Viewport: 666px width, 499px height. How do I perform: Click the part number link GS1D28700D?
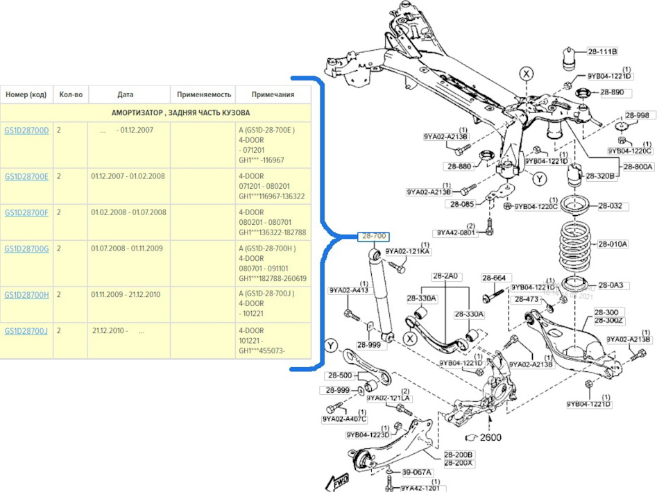(26, 130)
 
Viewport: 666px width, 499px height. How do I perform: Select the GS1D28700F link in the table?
(26, 212)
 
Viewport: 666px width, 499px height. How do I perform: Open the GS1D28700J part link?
(26, 331)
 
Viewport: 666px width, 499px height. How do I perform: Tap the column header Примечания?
(273, 94)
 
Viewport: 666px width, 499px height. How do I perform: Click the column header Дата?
(126, 94)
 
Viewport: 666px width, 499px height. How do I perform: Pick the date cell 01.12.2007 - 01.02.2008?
(128, 176)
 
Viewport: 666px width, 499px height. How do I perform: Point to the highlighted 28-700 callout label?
(374, 236)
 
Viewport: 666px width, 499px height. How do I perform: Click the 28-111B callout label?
(602, 51)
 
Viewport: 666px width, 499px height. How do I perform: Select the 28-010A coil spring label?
(613, 244)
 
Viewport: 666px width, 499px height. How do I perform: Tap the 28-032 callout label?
(610, 206)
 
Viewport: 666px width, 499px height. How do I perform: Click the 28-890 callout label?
(611, 92)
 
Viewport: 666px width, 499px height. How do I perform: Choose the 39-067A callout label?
(417, 472)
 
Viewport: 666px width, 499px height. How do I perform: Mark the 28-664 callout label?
(493, 278)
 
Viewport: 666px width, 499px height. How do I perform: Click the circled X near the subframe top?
(527, 74)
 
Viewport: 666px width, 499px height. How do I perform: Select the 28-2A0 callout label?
(446, 276)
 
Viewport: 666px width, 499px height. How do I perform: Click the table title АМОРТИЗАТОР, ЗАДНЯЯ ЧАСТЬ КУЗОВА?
(180, 112)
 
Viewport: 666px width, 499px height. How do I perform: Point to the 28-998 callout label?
(637, 115)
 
